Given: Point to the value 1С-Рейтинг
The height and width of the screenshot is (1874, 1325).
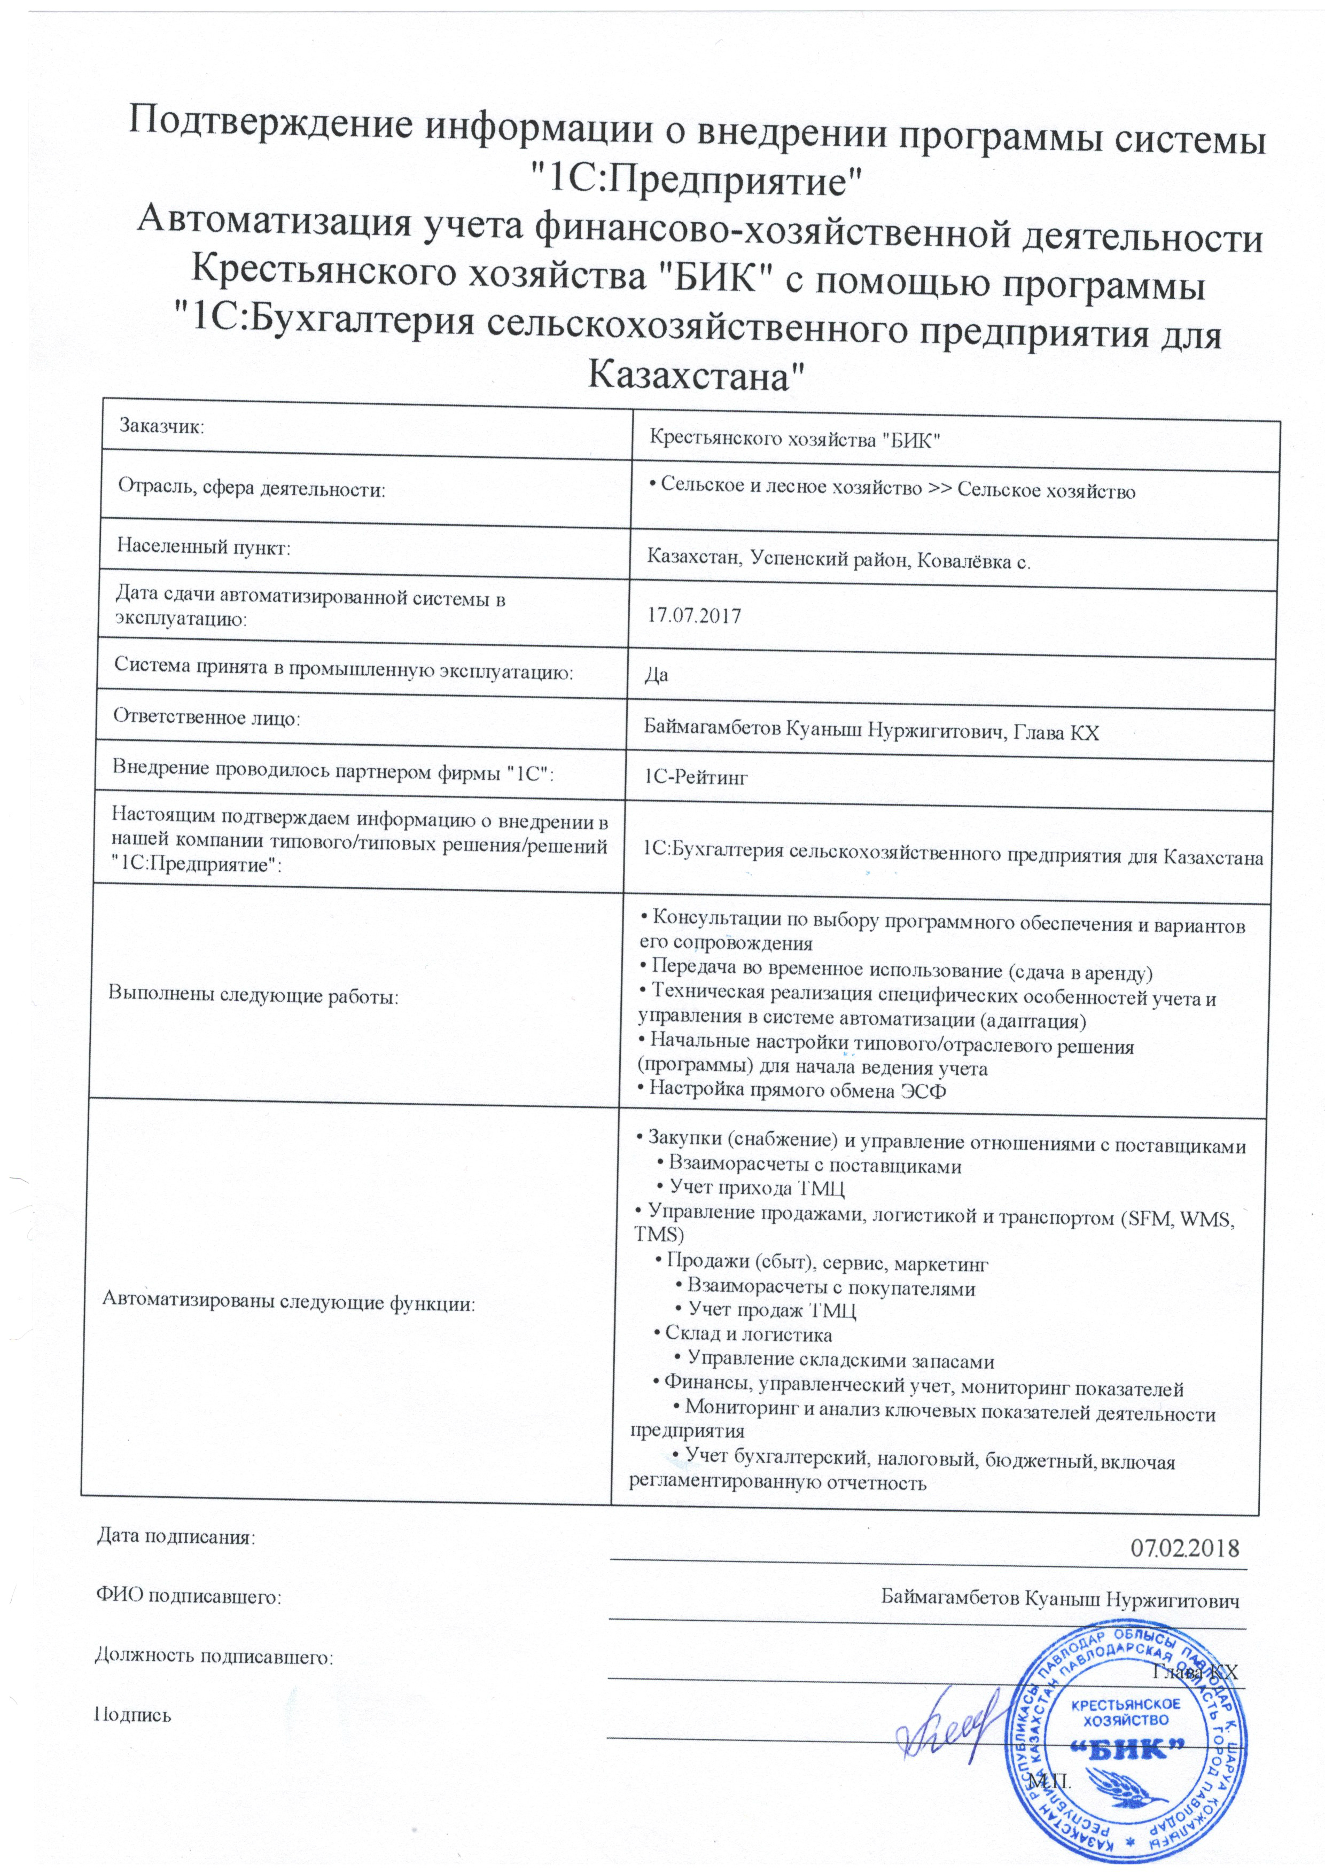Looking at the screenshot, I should pos(696,777).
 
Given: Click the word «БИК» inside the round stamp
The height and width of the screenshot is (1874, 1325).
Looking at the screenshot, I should pos(1130,1745).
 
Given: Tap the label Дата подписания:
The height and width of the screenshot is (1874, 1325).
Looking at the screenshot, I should pos(176,1537).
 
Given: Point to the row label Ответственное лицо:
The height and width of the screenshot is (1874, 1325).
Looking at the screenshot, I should pos(207,719).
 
